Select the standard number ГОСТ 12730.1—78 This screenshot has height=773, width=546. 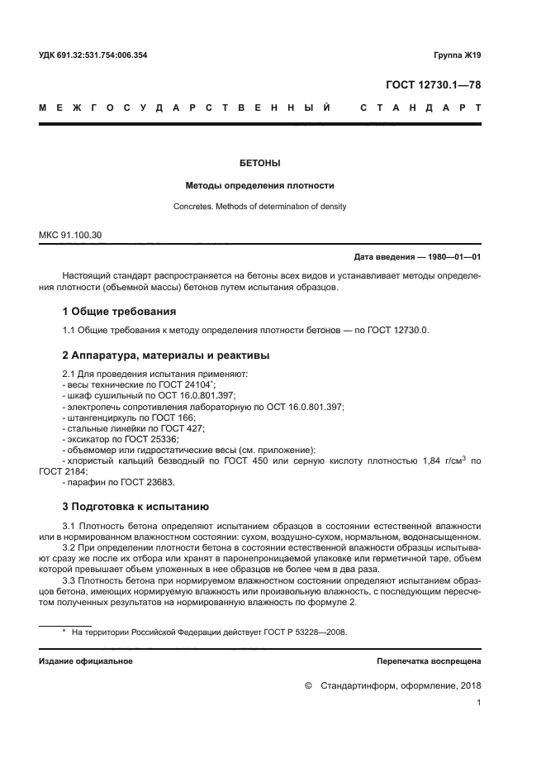[433, 84]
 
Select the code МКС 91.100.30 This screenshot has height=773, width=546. [71, 236]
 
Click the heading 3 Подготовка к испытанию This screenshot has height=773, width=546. [136, 505]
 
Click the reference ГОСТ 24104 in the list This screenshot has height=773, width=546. [184, 384]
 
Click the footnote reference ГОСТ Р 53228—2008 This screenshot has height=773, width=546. [296, 632]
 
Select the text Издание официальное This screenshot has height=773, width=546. [86, 661]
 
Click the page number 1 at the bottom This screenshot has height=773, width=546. [478, 704]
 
